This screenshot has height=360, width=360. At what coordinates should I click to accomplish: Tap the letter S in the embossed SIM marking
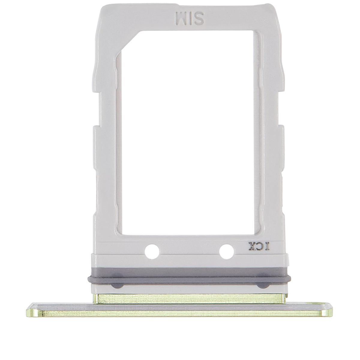tap(199, 18)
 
